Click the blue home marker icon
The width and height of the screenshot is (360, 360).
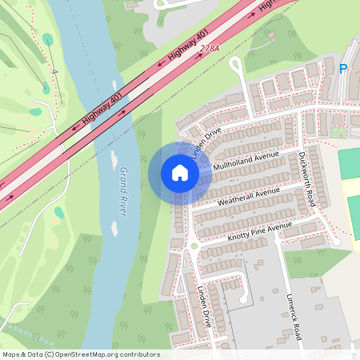click(x=180, y=173)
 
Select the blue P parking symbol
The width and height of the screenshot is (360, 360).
click(x=343, y=70)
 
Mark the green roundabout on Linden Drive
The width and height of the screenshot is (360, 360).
click(x=193, y=246)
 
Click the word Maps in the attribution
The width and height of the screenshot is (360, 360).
click(x=12, y=354)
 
